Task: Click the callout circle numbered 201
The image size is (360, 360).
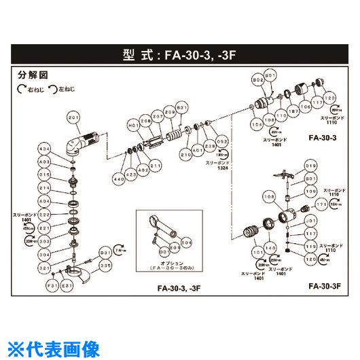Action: [x=73, y=117]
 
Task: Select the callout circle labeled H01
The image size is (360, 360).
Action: [x=133, y=124]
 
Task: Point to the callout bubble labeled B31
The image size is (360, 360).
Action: [x=181, y=109]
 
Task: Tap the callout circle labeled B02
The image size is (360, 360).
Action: [x=257, y=79]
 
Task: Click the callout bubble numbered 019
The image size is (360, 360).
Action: [x=312, y=165]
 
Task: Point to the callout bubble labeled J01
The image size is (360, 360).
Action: [x=312, y=221]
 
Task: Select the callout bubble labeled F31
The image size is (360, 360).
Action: [x=50, y=287]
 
